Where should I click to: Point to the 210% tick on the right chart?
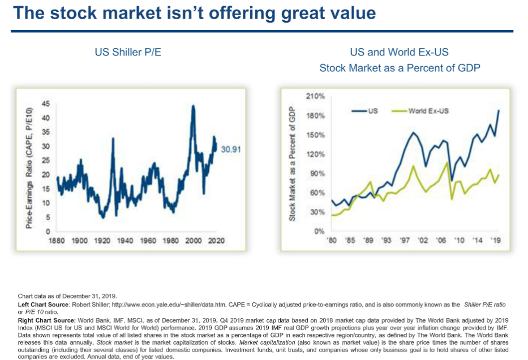[315, 97]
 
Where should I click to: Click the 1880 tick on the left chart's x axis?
[56, 241]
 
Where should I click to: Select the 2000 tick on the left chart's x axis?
[194, 241]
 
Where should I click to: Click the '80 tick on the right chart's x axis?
[333, 240]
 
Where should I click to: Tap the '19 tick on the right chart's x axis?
[496, 240]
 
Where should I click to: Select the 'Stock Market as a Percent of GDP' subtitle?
[399, 68]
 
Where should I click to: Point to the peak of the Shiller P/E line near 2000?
[194, 106]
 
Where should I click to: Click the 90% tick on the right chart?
[316, 173]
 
